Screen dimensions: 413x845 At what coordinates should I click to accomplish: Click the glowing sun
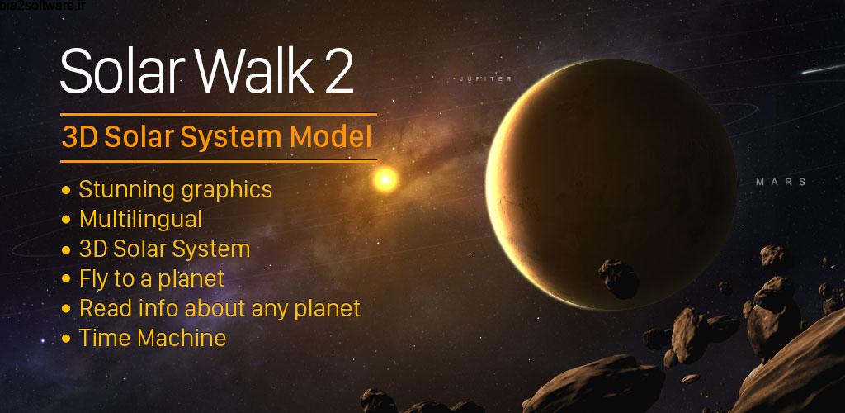385,179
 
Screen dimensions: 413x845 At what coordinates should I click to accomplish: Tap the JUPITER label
486,79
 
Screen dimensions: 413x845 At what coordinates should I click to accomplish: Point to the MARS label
781,182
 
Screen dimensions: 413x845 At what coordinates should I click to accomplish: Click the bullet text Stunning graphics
175,189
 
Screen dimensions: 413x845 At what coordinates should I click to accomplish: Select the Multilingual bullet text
140,219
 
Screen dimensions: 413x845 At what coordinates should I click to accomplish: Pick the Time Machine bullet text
152,338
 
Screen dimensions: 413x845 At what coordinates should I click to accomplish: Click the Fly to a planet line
151,278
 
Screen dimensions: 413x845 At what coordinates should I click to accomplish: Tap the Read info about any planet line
220,308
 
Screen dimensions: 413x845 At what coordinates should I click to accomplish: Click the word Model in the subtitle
334,136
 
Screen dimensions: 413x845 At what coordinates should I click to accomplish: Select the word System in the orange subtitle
247,136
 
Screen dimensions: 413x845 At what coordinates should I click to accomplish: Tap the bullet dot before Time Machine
66,339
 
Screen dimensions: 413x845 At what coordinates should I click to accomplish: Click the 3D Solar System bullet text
164,249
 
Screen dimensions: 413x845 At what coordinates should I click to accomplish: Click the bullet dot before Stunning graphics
66,190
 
